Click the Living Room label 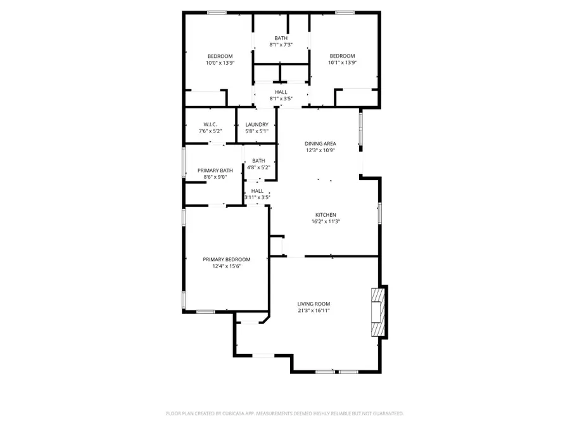[313, 304]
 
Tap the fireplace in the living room [378, 311]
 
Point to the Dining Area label [320, 143]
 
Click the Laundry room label [256, 124]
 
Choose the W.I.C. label [210, 124]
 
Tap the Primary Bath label [215, 171]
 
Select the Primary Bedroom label [226, 259]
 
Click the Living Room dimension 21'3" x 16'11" [313, 311]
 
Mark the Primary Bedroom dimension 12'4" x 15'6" [226, 266]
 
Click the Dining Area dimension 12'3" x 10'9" [320, 150]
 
